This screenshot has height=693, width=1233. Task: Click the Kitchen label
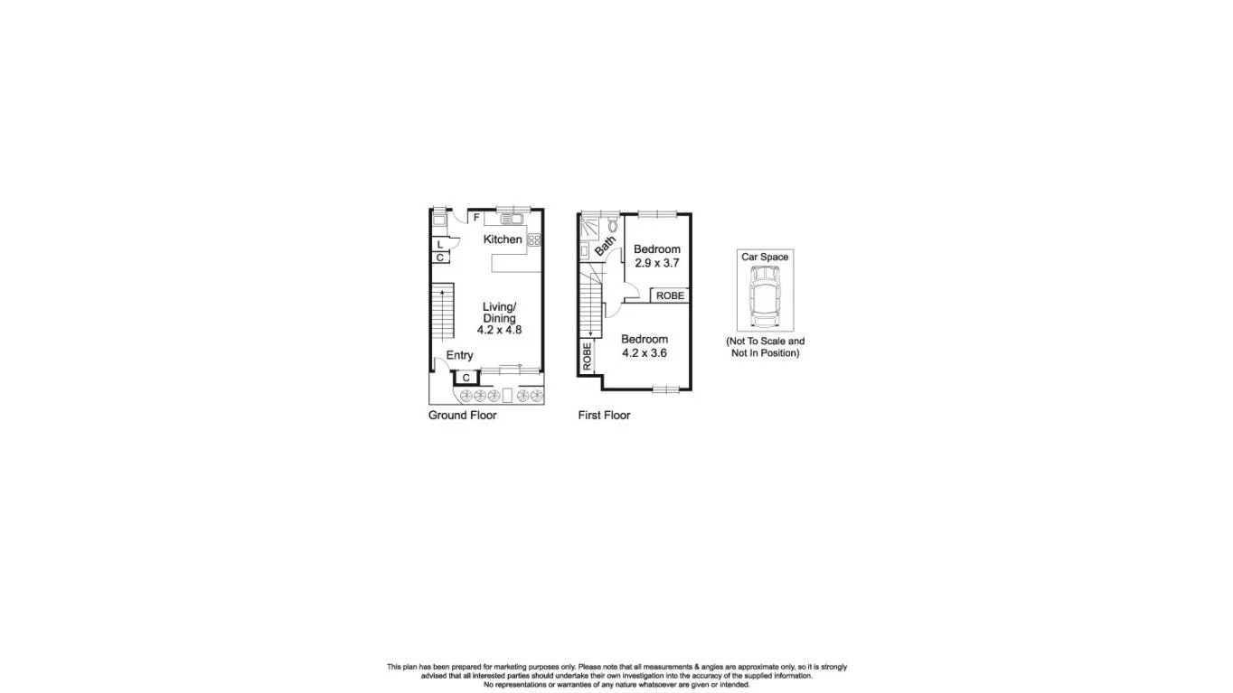click(x=502, y=239)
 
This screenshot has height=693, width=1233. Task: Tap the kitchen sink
click(x=511, y=218)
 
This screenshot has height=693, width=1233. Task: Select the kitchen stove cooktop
click(x=534, y=239)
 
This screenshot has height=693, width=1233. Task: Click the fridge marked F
click(x=476, y=218)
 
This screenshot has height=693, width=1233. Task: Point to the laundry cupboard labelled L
click(x=440, y=244)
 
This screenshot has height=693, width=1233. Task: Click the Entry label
click(x=459, y=355)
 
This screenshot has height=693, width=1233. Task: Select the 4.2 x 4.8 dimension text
click(x=499, y=330)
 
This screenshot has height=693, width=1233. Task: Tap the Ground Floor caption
click(x=462, y=415)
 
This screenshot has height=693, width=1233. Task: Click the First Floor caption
click(x=604, y=415)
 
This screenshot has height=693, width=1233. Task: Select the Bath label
click(x=605, y=244)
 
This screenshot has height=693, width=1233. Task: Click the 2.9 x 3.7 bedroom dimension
click(x=656, y=263)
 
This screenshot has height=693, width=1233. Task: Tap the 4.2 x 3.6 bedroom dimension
click(x=644, y=352)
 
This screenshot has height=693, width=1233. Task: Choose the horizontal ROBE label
click(x=670, y=295)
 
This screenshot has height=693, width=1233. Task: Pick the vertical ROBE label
click(x=587, y=356)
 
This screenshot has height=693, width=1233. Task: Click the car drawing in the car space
click(x=765, y=300)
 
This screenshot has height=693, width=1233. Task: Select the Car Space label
click(x=765, y=257)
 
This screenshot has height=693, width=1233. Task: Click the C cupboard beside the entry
click(x=466, y=378)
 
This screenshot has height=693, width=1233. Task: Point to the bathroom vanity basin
click(x=585, y=250)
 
